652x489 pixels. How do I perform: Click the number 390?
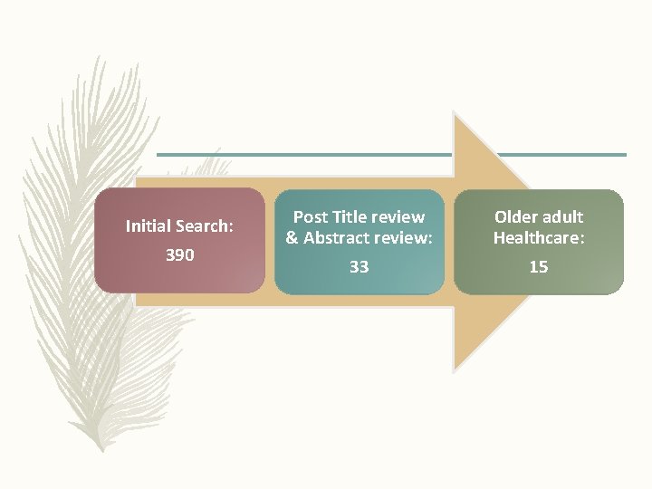click(179, 255)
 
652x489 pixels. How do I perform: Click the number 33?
click(359, 266)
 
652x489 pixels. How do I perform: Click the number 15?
click(539, 266)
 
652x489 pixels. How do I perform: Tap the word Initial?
click(149, 225)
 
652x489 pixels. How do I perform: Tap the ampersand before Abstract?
click(292, 239)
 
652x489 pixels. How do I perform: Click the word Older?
click(513, 217)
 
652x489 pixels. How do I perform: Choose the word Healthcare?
click(539, 239)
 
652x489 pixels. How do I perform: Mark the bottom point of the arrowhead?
click(454, 369)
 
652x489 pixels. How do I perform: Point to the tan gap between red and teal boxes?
click(269, 241)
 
